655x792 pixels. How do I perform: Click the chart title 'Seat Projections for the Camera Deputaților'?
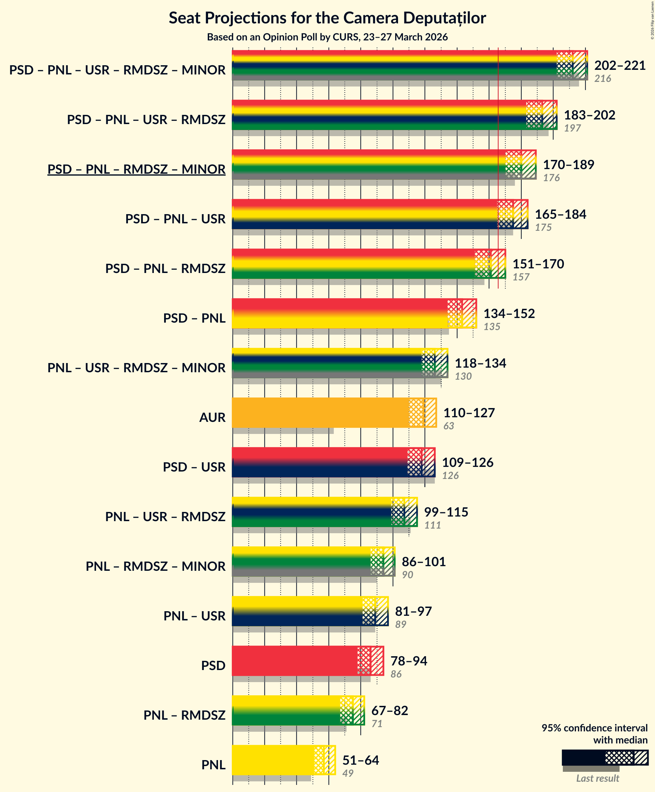327,18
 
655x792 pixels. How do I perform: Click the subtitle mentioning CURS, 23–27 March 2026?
327,37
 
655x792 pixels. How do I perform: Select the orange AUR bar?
320,413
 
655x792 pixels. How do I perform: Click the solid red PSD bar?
294,661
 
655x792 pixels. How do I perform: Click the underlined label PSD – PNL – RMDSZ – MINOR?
136,169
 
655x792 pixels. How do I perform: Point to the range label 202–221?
620,65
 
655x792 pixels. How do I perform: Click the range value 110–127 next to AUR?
469,413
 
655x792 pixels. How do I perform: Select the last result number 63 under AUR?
448,426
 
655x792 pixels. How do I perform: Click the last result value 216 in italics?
602,78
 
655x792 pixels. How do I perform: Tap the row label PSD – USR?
194,467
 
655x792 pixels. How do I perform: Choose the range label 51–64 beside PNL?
360,760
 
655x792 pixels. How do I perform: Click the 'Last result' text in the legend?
597,778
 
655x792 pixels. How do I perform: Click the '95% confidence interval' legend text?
594,728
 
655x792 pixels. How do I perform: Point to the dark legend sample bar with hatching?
605,757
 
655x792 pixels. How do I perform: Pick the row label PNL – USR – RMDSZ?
165,517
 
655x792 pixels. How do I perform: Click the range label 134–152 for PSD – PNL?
509,313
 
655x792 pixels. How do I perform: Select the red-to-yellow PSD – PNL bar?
340,313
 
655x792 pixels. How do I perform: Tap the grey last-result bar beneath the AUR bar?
283,431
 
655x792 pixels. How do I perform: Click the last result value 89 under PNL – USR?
401,624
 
